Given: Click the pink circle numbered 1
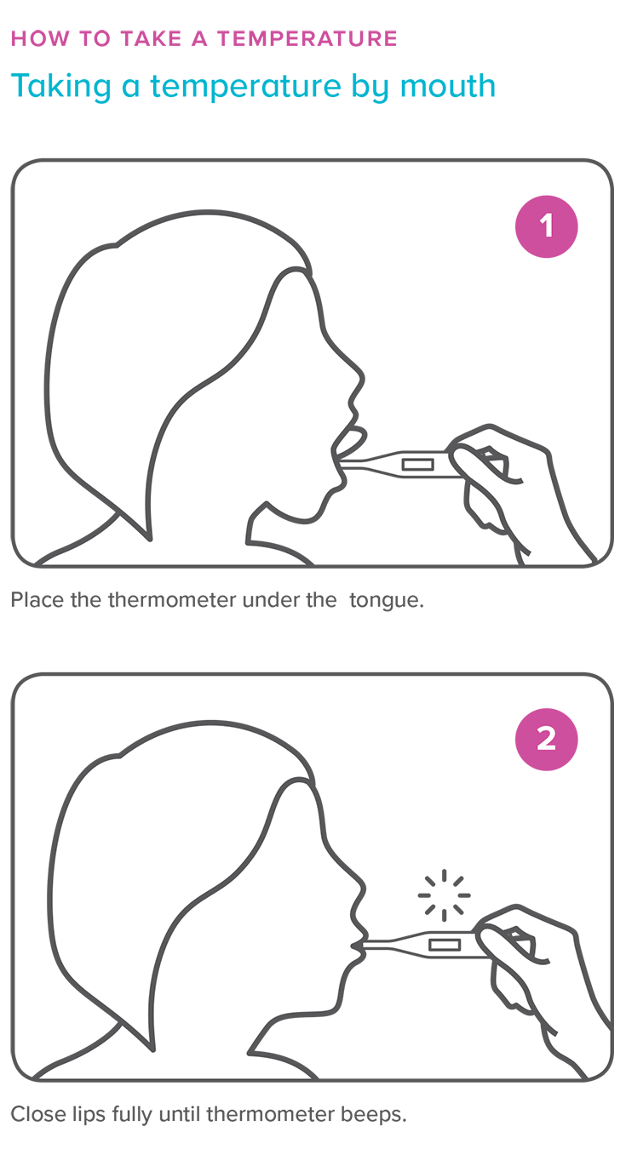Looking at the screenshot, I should [547, 226].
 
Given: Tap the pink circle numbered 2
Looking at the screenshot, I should [547, 740].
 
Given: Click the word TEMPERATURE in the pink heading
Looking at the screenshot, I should [307, 38].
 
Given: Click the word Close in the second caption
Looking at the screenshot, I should [35, 1114].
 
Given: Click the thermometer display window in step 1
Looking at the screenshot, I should [417, 465].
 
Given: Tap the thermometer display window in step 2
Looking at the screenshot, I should [444, 945].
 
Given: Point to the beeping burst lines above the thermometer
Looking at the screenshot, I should [444, 895].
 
